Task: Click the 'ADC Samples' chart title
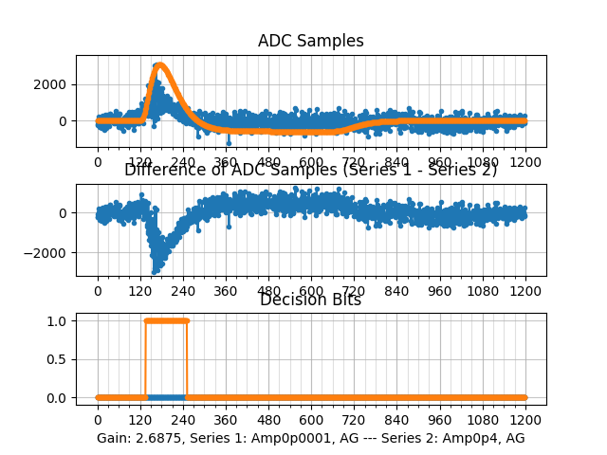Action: click(310, 41)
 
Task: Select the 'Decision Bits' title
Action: click(310, 300)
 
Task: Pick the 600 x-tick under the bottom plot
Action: click(311, 420)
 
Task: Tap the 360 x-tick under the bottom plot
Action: click(226, 420)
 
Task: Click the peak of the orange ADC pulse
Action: click(159, 65)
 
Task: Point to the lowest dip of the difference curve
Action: click(156, 272)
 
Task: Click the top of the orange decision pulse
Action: click(166, 320)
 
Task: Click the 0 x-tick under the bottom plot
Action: click(98, 420)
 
